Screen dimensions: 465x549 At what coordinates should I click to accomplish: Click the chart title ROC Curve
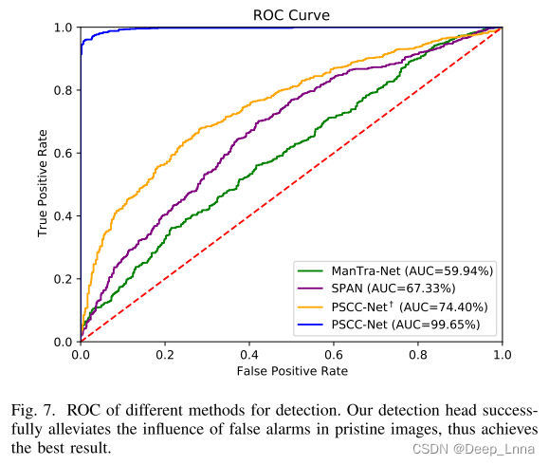click(290, 14)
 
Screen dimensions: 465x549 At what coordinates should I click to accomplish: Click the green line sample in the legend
click(313, 270)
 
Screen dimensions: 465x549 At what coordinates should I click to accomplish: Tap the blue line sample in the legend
click(313, 325)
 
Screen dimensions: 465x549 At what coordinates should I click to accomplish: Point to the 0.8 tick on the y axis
click(65, 90)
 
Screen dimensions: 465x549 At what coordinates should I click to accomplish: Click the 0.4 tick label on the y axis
click(65, 215)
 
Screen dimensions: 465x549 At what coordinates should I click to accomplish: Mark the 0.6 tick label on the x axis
click(333, 354)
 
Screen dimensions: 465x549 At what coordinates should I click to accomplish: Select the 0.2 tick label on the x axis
click(165, 354)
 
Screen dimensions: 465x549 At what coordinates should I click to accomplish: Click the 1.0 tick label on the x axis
click(501, 354)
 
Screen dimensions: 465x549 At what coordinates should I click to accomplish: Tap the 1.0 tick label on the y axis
click(65, 28)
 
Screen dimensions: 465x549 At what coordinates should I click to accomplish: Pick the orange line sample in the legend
click(313, 307)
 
